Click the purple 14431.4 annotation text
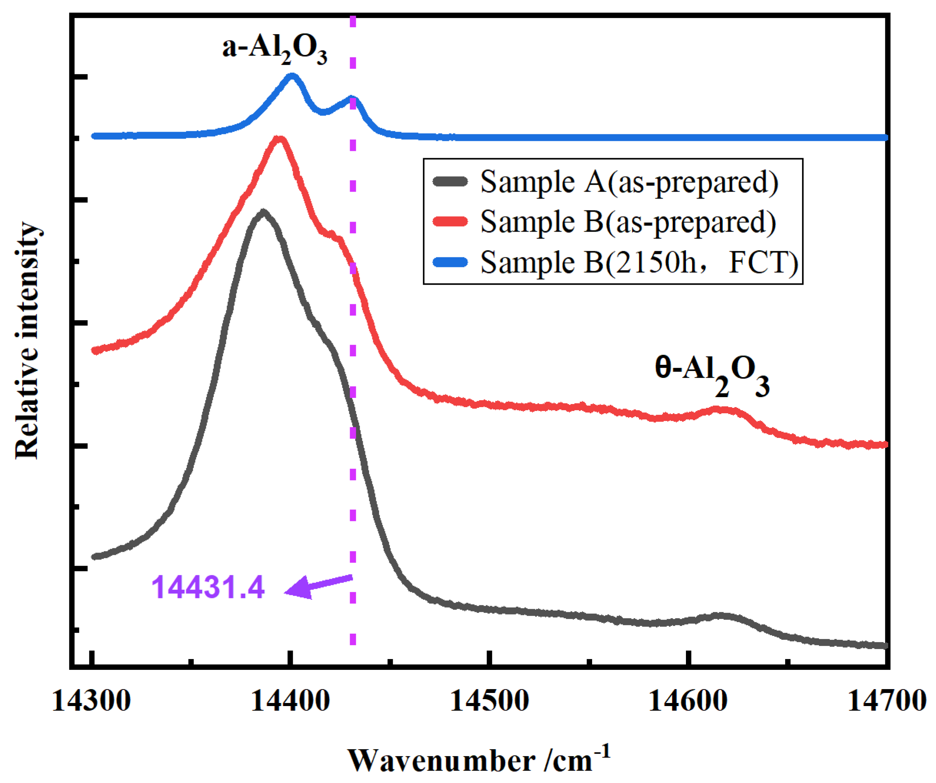(208, 587)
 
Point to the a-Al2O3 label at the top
(275, 49)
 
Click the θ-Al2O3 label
(712, 374)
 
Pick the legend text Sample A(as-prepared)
(629, 182)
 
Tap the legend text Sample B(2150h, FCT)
(639, 262)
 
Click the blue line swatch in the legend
(450, 262)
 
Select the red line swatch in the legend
(450, 222)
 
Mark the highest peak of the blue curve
(292, 76)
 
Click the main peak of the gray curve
(264, 211)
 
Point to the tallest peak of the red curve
(279, 139)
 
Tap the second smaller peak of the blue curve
(352, 99)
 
